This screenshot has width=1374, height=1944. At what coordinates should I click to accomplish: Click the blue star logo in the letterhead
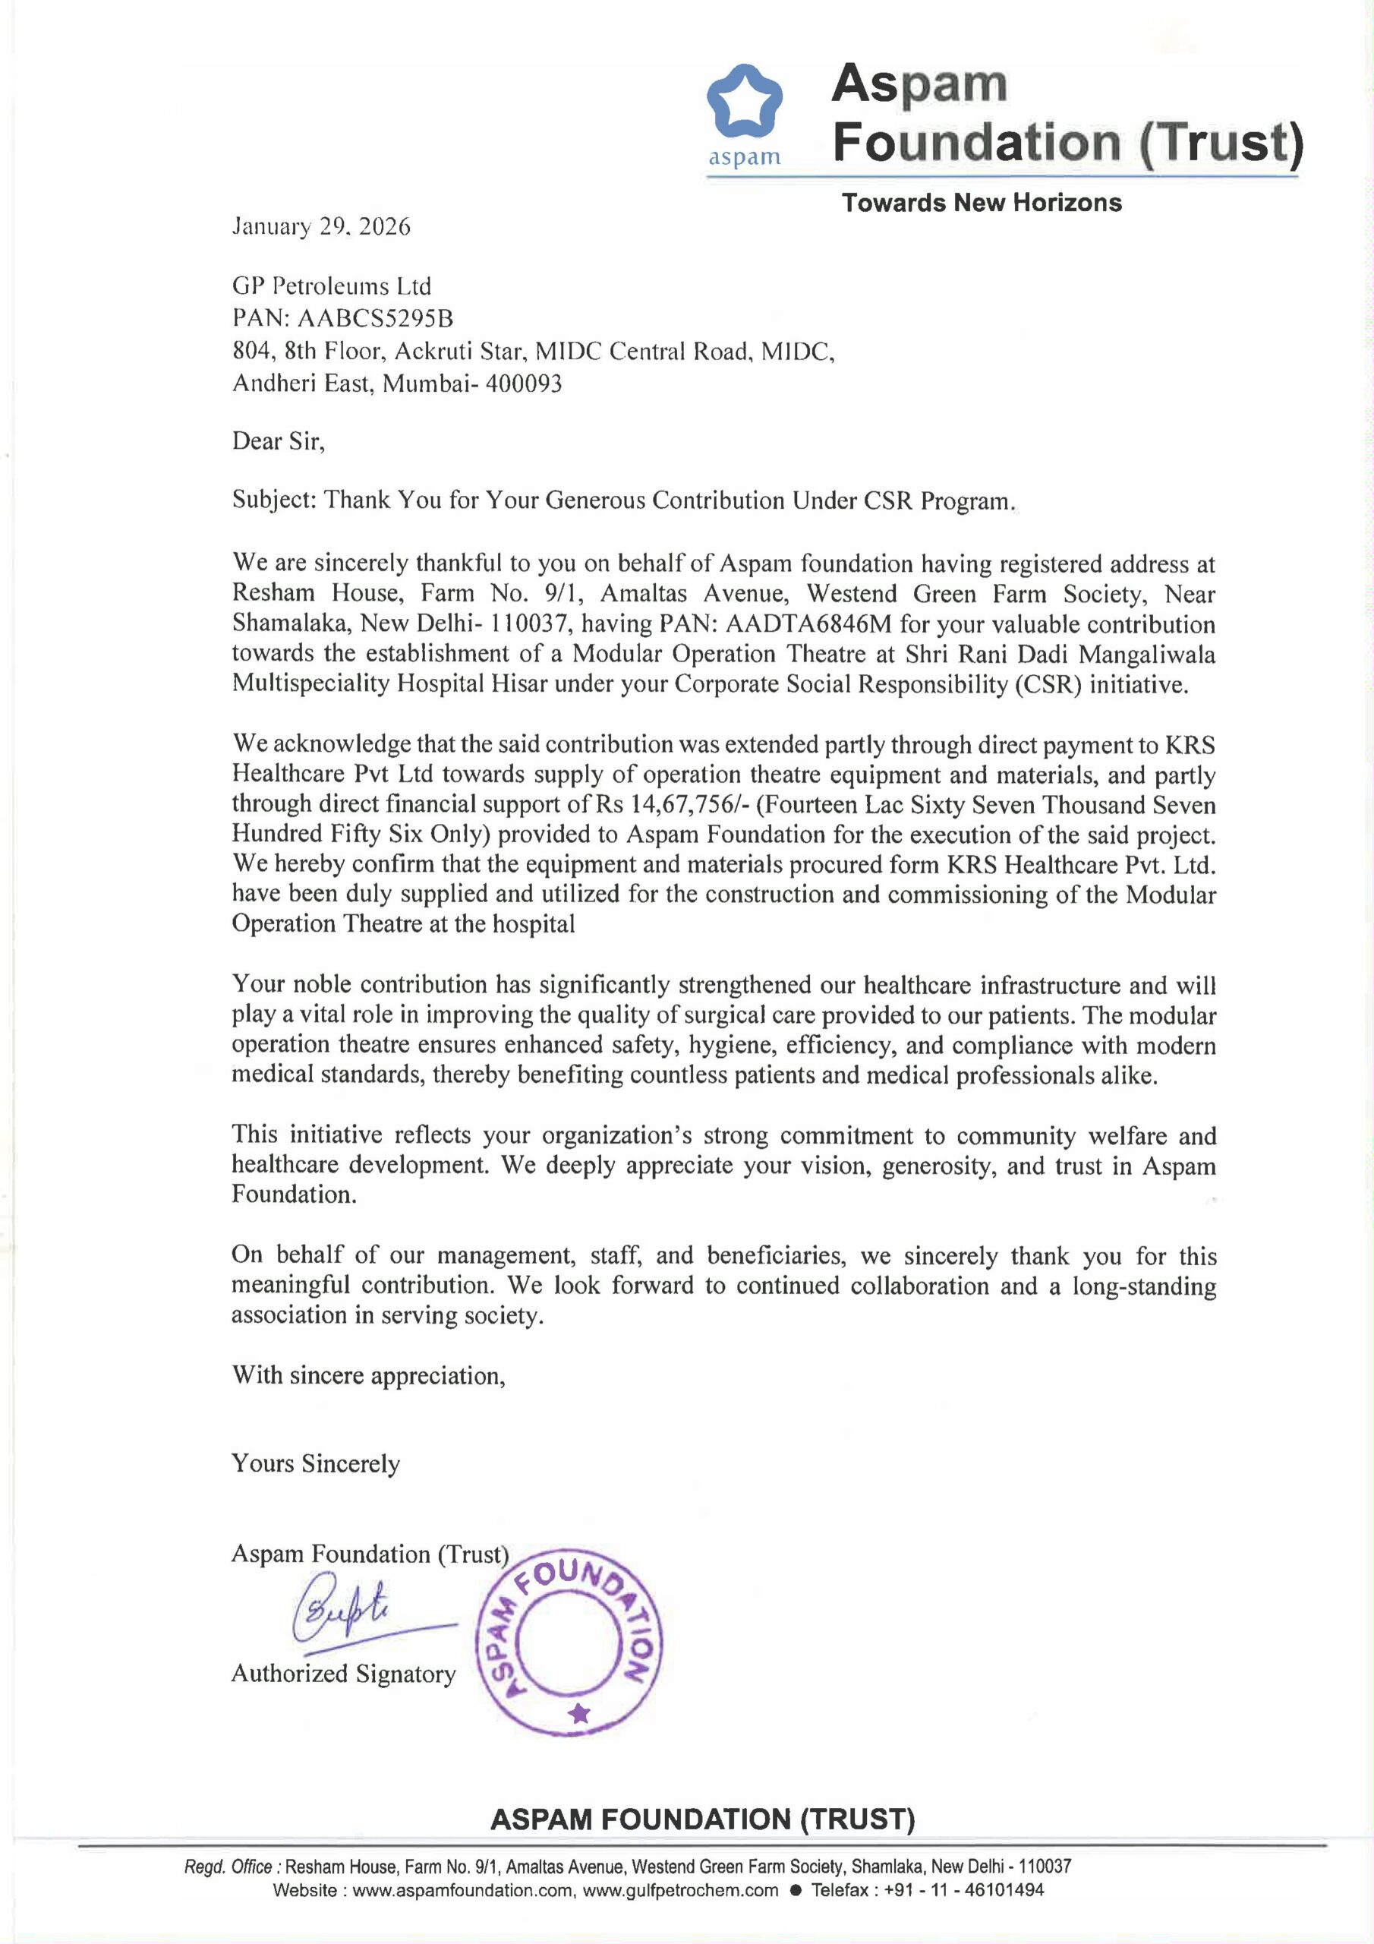[744, 102]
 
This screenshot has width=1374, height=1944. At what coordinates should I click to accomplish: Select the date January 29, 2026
[321, 226]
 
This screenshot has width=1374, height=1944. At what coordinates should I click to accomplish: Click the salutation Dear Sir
[278, 441]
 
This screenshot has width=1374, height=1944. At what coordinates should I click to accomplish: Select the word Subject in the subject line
[273, 500]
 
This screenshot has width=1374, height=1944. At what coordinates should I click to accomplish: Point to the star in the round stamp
[579, 1715]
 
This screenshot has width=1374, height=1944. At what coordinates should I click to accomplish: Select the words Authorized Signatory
[343, 1673]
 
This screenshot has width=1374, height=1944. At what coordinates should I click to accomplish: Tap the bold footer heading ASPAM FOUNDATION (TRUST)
[703, 1819]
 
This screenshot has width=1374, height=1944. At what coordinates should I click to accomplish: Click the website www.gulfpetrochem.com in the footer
[681, 1890]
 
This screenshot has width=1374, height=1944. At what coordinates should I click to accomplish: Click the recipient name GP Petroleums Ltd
[331, 286]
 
